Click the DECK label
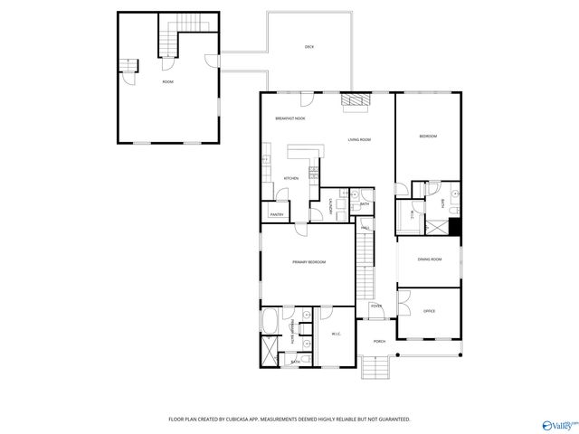pyautogui.click(x=308, y=47)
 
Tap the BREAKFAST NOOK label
pyautogui.click(x=290, y=118)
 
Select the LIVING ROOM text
pyautogui.click(x=360, y=140)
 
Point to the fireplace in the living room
pyautogui.click(x=356, y=102)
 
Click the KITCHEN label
pyautogui.click(x=291, y=178)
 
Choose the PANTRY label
pyautogui.click(x=277, y=214)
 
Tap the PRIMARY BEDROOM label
pyautogui.click(x=308, y=262)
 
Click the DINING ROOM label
pyautogui.click(x=429, y=260)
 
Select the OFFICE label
pyautogui.click(x=429, y=311)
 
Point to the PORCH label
pyautogui.click(x=379, y=342)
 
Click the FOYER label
pyautogui.click(x=375, y=307)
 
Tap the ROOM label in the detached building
pyautogui.click(x=167, y=82)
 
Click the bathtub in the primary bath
pyautogui.click(x=271, y=321)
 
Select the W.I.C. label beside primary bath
pyautogui.click(x=336, y=335)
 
